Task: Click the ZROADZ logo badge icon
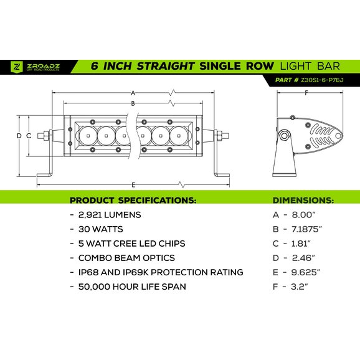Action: tap(17, 67)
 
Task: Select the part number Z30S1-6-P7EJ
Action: tap(322, 80)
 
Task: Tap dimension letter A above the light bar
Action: tap(133, 93)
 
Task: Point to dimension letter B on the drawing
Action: tap(133, 103)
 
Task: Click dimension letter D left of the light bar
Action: tap(19, 136)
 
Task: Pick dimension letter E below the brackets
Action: tap(133, 185)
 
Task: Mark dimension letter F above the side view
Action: tap(306, 93)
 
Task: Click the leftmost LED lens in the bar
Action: tap(88, 135)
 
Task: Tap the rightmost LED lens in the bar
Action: tap(179, 135)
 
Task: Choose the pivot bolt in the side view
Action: tap(284, 135)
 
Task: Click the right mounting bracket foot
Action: tap(222, 175)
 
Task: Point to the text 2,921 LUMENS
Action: tap(110, 215)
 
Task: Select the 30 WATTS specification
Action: tap(100, 229)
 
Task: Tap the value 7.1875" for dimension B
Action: tap(306, 229)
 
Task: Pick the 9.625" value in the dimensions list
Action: tap(306, 272)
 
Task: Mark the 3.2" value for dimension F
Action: tap(300, 287)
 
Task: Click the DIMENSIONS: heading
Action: tap(303, 200)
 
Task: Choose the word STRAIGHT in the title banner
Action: tap(166, 66)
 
